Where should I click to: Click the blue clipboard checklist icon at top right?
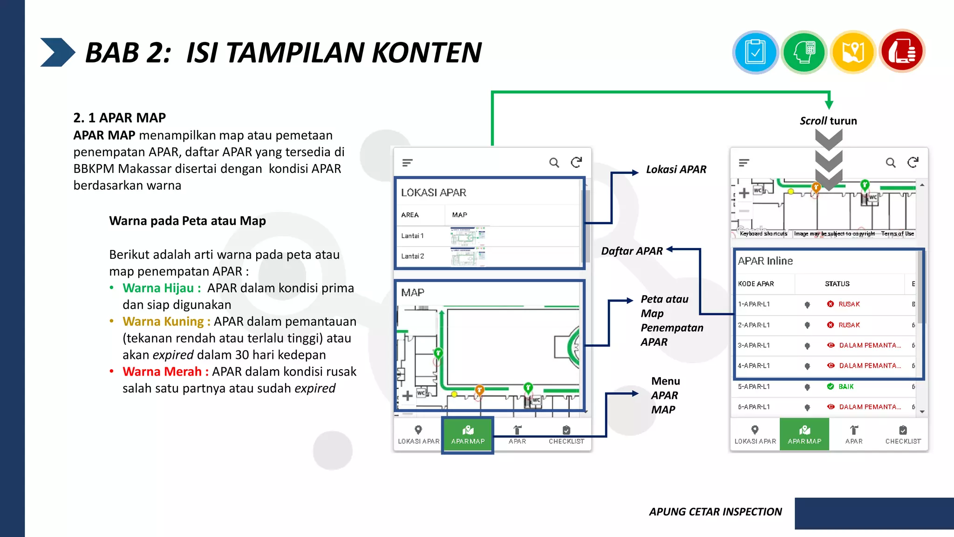click(755, 52)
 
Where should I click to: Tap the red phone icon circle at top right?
click(902, 51)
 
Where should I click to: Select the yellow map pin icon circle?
click(853, 52)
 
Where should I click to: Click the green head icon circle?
click(804, 52)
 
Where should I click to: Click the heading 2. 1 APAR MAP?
click(119, 117)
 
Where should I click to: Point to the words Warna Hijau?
click(158, 288)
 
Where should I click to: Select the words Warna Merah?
click(162, 372)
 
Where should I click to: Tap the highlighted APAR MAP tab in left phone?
click(468, 435)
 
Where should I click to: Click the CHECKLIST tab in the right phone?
click(903, 434)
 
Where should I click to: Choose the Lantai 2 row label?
click(413, 256)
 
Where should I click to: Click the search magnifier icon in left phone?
click(554, 163)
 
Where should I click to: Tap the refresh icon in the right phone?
click(913, 162)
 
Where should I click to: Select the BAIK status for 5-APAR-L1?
click(845, 386)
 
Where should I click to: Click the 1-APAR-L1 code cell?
click(754, 304)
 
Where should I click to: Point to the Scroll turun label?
click(828, 121)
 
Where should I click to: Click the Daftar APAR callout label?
click(632, 251)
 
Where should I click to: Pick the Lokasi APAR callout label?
click(676, 170)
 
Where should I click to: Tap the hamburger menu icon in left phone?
click(408, 163)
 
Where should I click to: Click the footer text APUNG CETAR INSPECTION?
click(715, 512)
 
